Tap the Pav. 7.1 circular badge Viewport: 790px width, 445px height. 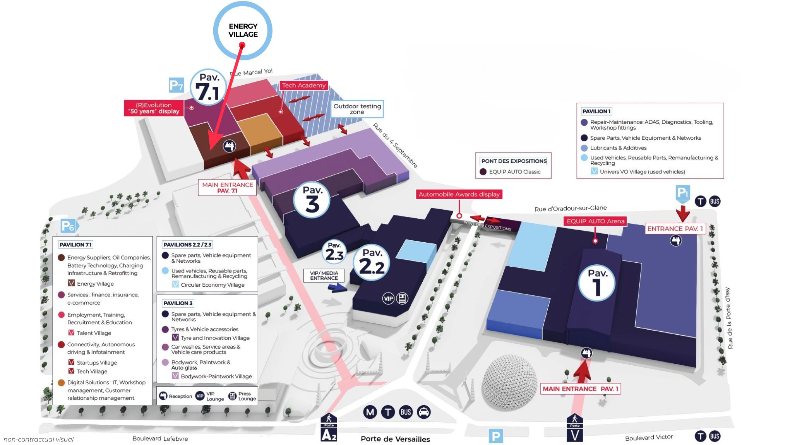208,87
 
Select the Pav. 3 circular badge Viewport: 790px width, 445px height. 312,200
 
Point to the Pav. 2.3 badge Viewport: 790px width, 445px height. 334,252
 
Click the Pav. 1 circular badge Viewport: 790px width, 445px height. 596,283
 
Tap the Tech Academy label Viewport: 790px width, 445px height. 304,85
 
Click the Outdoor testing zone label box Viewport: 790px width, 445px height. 357,109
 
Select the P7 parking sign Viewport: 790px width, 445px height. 176,85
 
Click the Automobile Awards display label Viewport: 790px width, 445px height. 459,194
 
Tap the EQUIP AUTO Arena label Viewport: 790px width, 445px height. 595,221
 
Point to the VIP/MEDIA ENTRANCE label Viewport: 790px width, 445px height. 324,276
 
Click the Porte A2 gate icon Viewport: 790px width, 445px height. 329,428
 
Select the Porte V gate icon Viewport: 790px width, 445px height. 575,428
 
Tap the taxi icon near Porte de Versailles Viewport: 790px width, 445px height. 424,412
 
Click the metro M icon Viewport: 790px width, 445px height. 370,412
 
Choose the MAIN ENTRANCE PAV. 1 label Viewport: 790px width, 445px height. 581,389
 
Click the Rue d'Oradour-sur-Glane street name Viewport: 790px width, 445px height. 571,208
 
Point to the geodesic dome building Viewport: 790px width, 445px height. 509,382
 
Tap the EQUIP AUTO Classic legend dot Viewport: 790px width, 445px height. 483,172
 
